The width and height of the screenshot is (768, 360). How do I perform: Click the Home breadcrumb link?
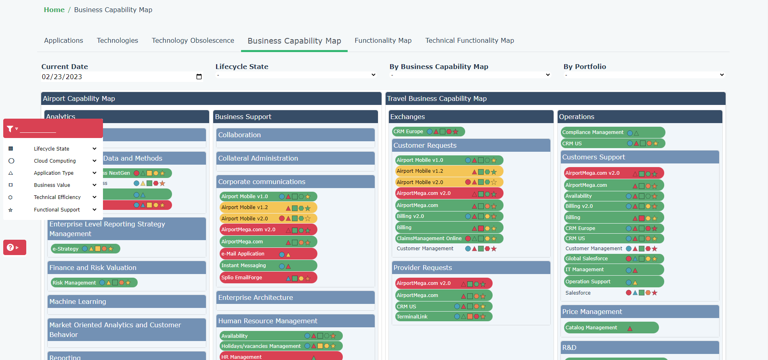point(54,10)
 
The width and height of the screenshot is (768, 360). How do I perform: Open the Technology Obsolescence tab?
point(193,40)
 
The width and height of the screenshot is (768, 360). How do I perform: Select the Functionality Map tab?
point(383,40)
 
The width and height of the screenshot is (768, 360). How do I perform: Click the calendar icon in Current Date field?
point(199,77)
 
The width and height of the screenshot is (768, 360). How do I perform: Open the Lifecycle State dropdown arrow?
point(373,75)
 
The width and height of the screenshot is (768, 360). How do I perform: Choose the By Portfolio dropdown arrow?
point(722,75)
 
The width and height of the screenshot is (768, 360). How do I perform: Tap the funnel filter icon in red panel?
point(10,129)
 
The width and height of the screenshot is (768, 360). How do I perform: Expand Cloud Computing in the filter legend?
point(94,161)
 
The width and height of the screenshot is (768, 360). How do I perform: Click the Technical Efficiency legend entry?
point(57,197)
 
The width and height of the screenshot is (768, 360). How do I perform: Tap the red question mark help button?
point(11,247)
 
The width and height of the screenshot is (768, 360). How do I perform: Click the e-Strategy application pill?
point(66,249)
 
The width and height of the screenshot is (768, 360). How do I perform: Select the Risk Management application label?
point(74,283)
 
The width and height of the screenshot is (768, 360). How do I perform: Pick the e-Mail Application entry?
point(243,254)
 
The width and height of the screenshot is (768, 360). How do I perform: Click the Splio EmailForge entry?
point(241,278)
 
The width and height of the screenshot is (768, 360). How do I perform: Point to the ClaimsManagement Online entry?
point(429,239)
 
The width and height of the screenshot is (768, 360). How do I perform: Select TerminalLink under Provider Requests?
point(412,317)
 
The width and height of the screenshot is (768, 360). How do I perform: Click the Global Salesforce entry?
point(586,259)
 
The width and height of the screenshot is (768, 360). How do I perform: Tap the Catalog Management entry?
point(591,328)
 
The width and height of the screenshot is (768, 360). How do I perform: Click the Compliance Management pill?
point(592,132)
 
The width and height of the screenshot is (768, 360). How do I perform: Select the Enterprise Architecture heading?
point(256,298)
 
